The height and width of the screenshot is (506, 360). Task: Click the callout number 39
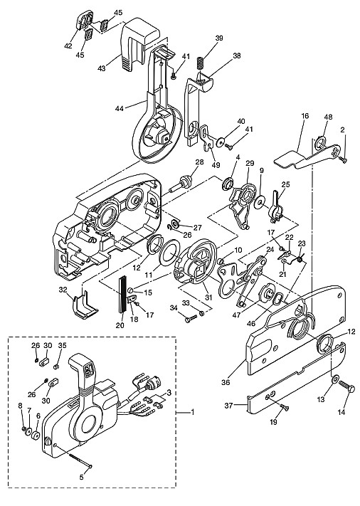(x=219, y=38)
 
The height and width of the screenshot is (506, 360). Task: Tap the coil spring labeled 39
(x=201, y=63)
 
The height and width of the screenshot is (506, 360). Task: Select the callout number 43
(x=102, y=68)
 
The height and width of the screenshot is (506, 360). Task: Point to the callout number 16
(x=305, y=116)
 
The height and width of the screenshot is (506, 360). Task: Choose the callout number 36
(x=226, y=382)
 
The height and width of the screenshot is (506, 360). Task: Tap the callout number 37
(x=228, y=406)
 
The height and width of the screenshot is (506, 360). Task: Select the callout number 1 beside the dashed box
(x=193, y=413)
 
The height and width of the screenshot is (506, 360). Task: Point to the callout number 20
(x=120, y=326)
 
